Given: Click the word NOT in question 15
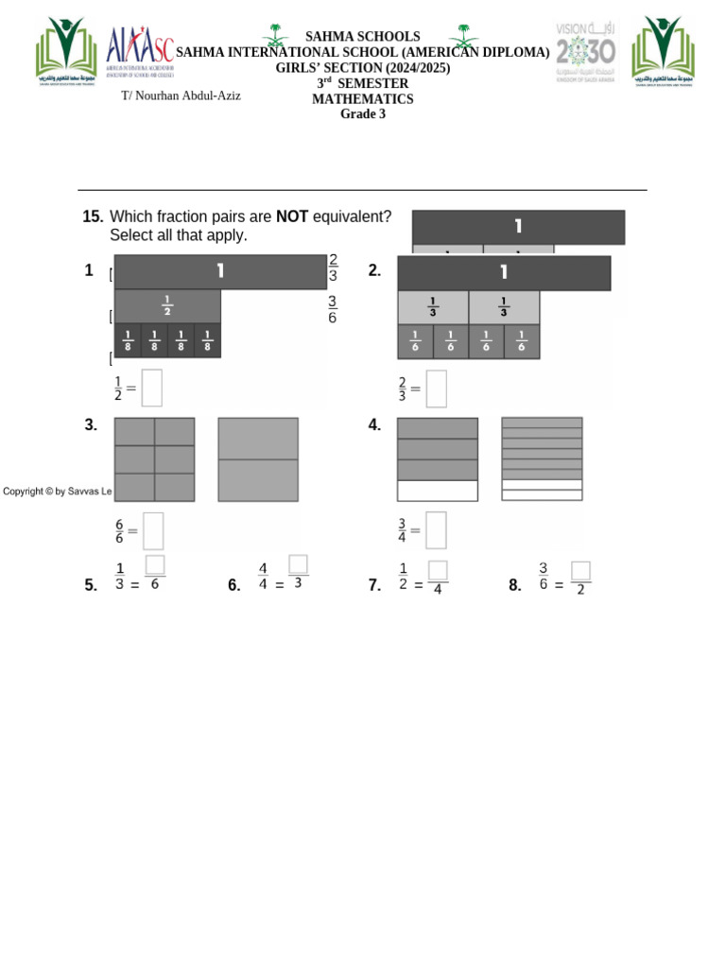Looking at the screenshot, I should pos(291,216).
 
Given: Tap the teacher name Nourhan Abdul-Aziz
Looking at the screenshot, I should pos(181,95).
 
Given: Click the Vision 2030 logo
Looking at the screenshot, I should pos(585,52).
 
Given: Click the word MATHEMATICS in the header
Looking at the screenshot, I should pos(363,99).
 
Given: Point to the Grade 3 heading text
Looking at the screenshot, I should pos(363,114).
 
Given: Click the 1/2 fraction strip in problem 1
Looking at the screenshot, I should pos(167,306).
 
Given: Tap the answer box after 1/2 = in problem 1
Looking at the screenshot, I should pos(152,388).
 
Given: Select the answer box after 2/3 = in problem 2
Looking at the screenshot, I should pos(436,389).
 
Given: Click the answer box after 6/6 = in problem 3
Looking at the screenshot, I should pos(153,530).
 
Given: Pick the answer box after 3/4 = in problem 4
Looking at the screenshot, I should pos(436,530).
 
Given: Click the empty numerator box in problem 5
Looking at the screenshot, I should pos(155,564).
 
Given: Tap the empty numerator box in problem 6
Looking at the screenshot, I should pos(298,564).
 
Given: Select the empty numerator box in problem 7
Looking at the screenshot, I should pos(438,570).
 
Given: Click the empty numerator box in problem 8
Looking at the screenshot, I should pos(580,571).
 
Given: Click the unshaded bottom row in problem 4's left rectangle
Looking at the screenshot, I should pos(437,491).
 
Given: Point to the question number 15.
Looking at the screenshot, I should pos(93,216).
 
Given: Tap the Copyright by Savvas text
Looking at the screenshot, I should pos(57,491).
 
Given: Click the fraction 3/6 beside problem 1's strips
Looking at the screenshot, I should pos(332,309).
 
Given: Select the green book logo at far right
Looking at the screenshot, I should pos(664,52).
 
